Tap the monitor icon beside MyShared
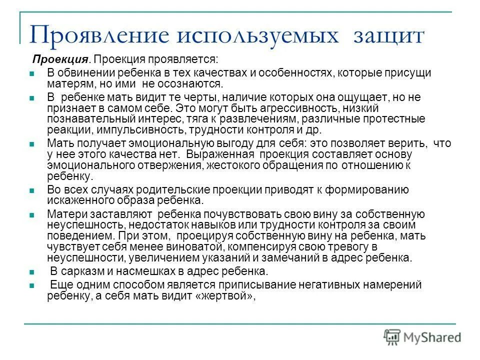[392, 336]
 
